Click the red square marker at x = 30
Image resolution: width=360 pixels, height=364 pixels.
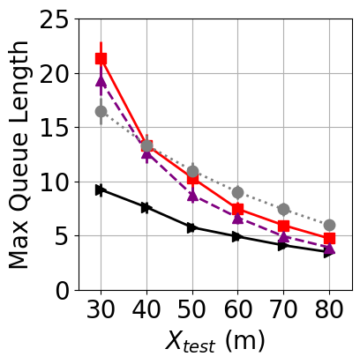101,59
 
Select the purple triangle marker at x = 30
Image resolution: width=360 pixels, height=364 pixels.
101,80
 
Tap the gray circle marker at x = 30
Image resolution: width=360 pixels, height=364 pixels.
101,112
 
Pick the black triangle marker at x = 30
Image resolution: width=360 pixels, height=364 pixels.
101,189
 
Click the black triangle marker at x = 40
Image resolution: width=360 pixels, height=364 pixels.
146,207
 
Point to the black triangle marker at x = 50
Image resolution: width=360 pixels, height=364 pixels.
192,227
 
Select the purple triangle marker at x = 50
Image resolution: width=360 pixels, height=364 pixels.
192,195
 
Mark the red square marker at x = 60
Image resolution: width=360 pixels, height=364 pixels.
238,209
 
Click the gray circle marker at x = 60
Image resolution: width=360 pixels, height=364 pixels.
238,192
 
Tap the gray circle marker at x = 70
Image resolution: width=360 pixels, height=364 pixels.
283,209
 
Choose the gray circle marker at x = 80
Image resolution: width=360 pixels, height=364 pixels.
329,225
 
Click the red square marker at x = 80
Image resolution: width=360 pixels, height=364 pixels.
329,238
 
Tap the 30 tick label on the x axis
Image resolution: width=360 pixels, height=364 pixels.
101,310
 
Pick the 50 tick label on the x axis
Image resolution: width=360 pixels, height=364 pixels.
192,310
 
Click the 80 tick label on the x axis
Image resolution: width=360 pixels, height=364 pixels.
329,310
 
